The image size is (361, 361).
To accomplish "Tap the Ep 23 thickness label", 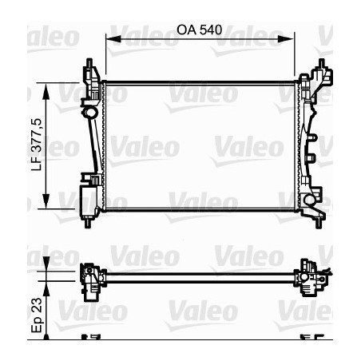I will (x=34, y=318).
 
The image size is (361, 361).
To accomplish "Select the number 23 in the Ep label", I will (x=34, y=307).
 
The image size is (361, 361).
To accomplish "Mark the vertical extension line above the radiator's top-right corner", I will (x=295, y=56).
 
